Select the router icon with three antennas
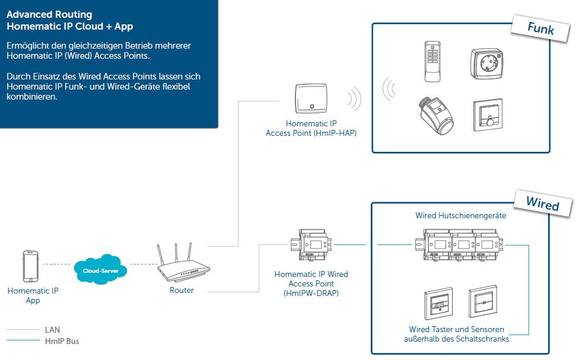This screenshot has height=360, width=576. (x=182, y=267)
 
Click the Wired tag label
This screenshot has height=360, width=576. (x=542, y=204)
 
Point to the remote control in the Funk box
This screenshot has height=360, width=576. (x=431, y=60)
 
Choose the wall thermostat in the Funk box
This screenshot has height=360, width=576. (x=488, y=114)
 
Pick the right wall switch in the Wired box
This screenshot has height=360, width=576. (x=482, y=303)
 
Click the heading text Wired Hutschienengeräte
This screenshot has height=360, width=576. (x=460, y=216)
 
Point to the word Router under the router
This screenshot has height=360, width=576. (x=182, y=291)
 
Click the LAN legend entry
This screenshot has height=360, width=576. (x=52, y=330)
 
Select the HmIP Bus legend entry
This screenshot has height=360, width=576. (x=62, y=341)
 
